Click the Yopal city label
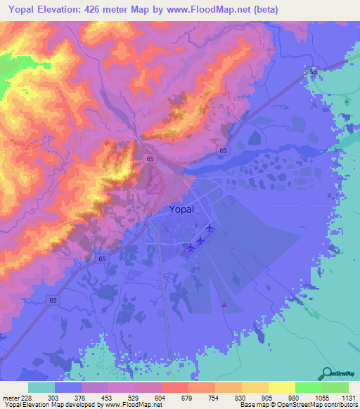click(186, 209)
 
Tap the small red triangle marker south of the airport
click(224, 305)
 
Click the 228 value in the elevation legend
click(26, 397)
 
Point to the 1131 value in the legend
click(348, 397)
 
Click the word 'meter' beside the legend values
click(9, 397)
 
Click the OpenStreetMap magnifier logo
click(328, 373)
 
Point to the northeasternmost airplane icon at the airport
click(210, 228)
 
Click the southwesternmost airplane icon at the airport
click(190, 247)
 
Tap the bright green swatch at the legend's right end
click(335, 387)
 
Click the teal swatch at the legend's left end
click(41, 387)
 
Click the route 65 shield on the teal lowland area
click(313, 72)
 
